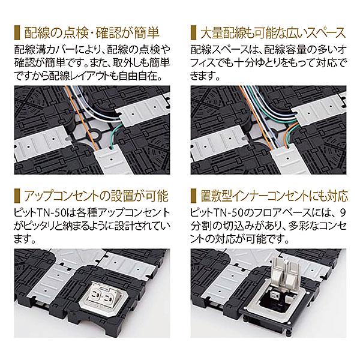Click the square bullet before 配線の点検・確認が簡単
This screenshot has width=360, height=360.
pyautogui.click(x=16, y=31)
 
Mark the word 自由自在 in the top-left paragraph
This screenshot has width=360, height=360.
pyautogui.click(x=146, y=77)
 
